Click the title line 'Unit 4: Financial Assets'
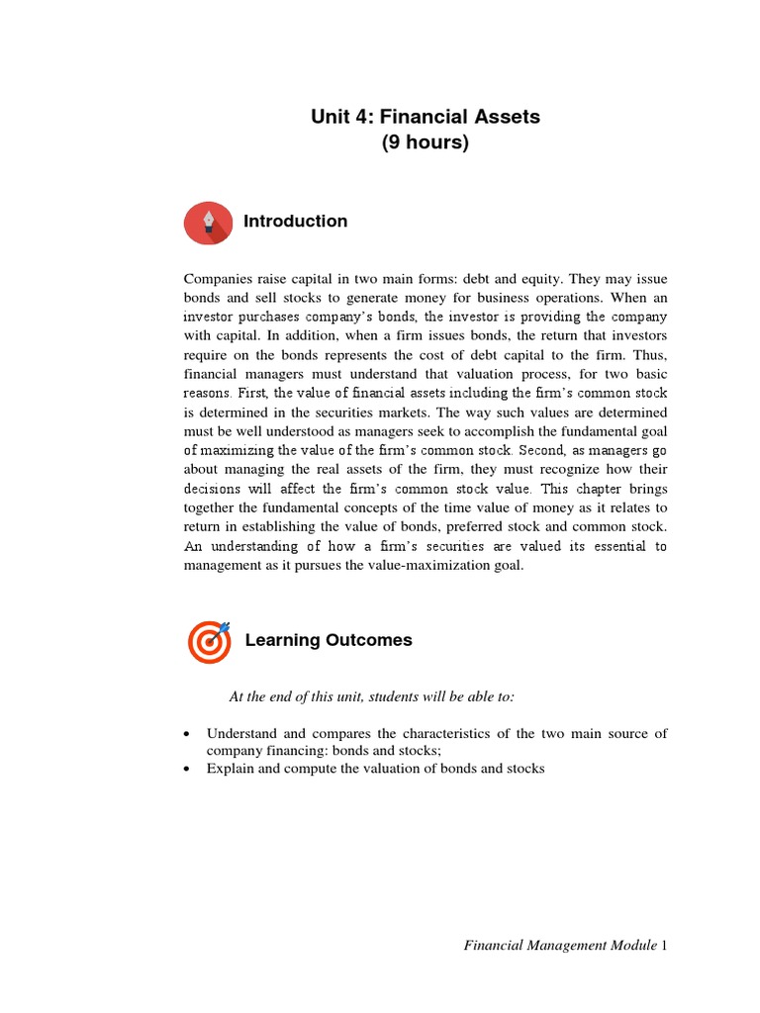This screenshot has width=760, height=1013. tap(426, 117)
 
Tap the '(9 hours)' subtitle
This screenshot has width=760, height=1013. tap(426, 142)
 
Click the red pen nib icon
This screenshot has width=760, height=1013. tap(208, 222)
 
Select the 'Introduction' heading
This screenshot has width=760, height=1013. tap(295, 222)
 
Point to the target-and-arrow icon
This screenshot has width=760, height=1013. tap(210, 641)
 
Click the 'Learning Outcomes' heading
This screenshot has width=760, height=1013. tap(329, 640)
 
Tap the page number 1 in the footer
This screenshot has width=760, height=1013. tap(665, 946)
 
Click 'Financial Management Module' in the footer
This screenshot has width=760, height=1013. tap(560, 946)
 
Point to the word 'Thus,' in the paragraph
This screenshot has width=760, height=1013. tap(650, 355)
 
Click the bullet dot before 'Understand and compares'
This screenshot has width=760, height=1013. tap(188, 734)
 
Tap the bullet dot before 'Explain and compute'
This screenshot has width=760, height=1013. tap(188, 769)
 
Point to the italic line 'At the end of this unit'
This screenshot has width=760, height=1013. tap(372, 696)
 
